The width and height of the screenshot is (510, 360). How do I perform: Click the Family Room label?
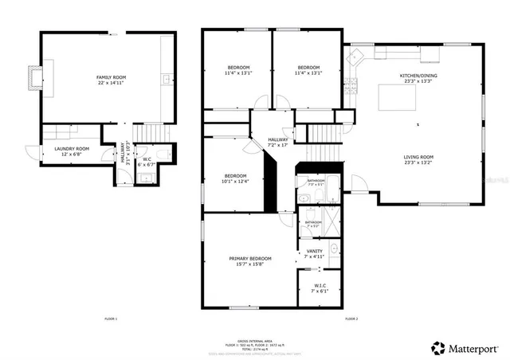click(x=112, y=76)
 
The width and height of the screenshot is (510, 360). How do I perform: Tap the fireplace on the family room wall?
click(x=32, y=76)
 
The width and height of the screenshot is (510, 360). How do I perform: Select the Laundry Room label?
click(x=72, y=149)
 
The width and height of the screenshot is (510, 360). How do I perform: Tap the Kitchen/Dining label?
click(x=418, y=76)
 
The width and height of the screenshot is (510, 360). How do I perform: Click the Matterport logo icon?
click(x=438, y=348)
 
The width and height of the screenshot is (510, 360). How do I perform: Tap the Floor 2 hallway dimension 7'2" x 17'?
click(x=278, y=145)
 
